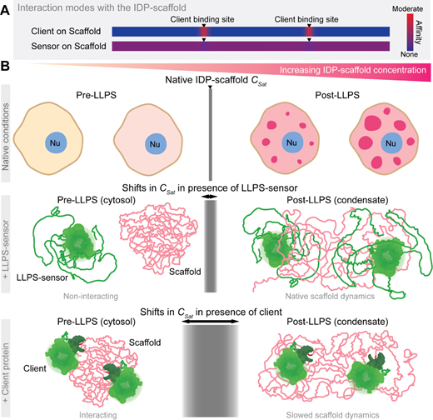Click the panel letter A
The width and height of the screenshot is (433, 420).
(x=5, y=11)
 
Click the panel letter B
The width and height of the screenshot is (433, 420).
(x=5, y=67)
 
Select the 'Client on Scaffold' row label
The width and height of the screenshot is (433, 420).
(x=66, y=31)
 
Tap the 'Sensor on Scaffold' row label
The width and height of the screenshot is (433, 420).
(x=68, y=46)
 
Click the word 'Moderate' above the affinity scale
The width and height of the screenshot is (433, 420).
(x=407, y=9)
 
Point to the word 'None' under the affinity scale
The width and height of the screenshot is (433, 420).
(x=409, y=54)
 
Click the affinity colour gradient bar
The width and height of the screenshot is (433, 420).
(x=411, y=32)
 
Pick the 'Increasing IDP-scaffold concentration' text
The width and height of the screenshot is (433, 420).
(x=353, y=70)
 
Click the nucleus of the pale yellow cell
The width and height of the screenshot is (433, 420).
(x=56, y=142)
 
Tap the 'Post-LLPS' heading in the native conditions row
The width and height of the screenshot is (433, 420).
(x=337, y=95)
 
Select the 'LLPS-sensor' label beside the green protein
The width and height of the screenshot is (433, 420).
(x=42, y=277)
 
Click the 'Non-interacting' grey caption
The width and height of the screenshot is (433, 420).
(x=91, y=297)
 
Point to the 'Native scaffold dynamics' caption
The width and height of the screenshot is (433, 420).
(x=330, y=297)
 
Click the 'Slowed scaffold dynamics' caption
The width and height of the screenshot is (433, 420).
(x=332, y=415)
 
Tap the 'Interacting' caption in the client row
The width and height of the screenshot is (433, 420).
(x=98, y=415)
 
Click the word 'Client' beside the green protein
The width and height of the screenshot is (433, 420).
(x=35, y=368)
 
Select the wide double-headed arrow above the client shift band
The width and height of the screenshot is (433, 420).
(x=211, y=322)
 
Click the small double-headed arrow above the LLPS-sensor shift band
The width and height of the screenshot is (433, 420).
(x=211, y=197)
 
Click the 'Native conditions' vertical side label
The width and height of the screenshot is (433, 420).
(x=5, y=137)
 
